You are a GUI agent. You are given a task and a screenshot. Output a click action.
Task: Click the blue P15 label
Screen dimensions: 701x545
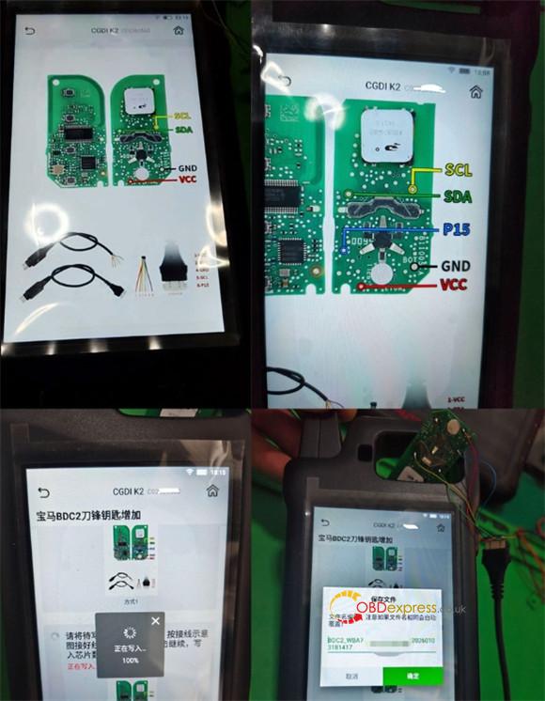(457, 229)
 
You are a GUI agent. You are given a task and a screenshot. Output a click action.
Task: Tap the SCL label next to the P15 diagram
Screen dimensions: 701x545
(459, 170)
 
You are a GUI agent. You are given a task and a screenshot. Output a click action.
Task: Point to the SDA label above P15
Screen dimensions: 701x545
(459, 197)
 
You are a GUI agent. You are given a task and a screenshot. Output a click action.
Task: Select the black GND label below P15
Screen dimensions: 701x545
(456, 266)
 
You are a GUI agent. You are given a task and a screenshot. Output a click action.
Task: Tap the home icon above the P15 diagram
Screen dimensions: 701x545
(476, 92)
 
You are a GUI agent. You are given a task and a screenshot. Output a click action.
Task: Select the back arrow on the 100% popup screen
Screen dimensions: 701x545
(42, 491)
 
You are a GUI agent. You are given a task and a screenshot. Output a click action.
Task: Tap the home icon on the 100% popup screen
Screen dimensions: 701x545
(212, 491)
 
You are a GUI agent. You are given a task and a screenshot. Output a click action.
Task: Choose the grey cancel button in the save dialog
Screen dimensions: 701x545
(352, 675)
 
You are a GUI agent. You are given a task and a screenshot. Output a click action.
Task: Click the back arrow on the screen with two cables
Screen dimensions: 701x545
(31, 31)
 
